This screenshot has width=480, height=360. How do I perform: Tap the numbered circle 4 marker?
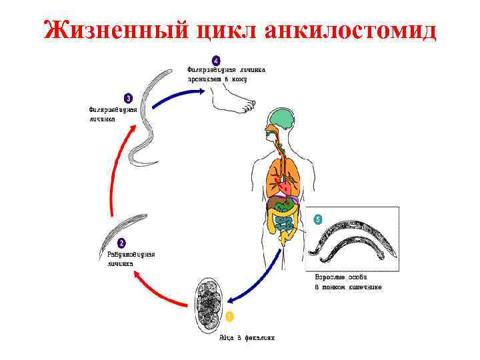click(215, 59)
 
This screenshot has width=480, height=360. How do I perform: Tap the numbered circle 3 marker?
click(128, 99)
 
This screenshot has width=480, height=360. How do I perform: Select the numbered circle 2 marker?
click(121, 243)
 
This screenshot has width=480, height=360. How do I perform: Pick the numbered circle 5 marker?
click(317, 218)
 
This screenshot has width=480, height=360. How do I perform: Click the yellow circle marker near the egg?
click(229, 315)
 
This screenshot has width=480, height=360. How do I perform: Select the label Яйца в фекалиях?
click(246, 337)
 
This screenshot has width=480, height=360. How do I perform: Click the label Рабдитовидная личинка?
click(130, 258)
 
